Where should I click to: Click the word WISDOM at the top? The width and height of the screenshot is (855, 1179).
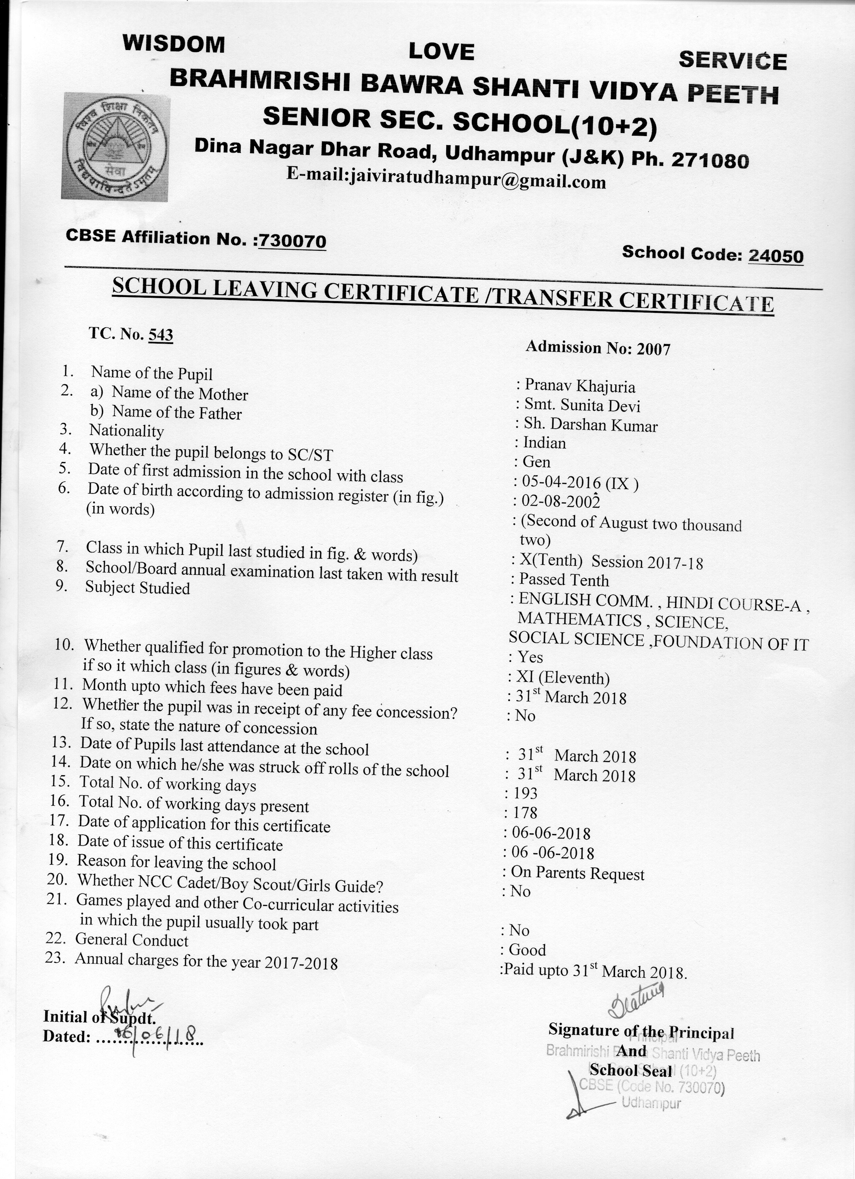point(173,44)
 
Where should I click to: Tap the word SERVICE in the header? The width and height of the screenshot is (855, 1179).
point(732,61)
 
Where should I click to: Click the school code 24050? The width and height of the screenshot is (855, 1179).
point(775,256)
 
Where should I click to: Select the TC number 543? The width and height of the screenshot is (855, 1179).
point(161,335)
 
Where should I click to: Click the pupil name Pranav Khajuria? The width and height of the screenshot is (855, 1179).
point(580,386)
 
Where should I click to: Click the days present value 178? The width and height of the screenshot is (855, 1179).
point(525,812)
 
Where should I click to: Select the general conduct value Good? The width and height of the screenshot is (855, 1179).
point(527,950)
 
